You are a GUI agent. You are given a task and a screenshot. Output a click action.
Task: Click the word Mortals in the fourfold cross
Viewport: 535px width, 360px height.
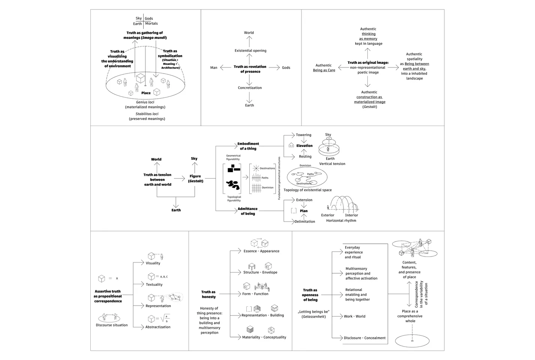[151, 24]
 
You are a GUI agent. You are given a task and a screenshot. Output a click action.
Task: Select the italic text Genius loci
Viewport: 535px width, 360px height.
[145, 102]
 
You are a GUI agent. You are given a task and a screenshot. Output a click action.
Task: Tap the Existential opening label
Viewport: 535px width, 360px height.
[250, 51]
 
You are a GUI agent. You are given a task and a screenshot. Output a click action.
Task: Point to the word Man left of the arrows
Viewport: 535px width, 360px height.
[214, 68]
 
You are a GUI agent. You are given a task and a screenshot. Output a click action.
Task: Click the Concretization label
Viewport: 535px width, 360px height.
[250, 88]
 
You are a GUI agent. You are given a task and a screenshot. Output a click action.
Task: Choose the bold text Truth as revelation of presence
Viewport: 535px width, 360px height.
[250, 69]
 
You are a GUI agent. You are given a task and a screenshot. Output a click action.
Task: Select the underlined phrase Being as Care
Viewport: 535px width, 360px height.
[324, 70]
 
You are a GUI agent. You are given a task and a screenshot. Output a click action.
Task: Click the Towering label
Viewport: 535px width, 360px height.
[304, 135]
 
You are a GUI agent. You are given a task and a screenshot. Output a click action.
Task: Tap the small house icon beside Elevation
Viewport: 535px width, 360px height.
[291, 145]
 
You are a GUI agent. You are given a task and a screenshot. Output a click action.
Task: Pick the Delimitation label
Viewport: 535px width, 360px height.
[305, 222]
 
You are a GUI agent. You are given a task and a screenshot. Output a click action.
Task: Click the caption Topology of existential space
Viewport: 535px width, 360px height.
[307, 190]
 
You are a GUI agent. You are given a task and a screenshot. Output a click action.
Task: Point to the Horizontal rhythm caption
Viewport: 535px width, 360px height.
[341, 220]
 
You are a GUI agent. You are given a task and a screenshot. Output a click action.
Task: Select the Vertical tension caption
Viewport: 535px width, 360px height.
[332, 164]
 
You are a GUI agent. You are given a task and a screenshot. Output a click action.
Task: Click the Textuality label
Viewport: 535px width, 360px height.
[154, 285]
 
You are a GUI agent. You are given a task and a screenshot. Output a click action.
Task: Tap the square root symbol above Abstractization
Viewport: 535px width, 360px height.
[165, 319]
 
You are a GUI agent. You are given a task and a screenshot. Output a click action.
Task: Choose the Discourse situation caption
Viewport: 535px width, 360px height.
[112, 325]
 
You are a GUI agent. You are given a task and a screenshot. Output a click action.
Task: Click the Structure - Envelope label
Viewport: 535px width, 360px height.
[260, 272]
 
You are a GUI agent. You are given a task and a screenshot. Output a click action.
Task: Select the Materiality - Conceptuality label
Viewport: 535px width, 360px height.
[264, 337]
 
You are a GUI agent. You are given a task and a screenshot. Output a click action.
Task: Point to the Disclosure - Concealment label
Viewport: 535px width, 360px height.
[365, 338]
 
